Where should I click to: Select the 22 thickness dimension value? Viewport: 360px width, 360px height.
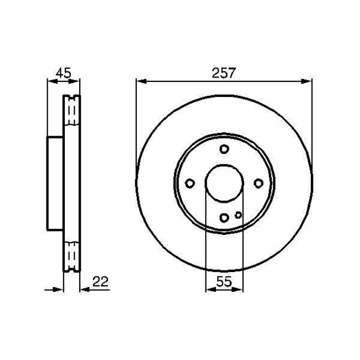100,282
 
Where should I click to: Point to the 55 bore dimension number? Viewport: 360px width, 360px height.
224,282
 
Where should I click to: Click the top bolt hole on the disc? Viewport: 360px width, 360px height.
224,149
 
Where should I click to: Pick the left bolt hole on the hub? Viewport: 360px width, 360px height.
189,183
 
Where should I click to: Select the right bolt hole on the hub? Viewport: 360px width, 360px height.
259,183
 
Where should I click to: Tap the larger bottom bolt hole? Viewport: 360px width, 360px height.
224,218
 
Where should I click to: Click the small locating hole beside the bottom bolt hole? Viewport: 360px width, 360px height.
238,215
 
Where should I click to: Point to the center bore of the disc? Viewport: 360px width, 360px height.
224,183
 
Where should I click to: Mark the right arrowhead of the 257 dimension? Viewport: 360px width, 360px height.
308,82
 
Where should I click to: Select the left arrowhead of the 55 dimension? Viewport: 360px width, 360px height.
209,289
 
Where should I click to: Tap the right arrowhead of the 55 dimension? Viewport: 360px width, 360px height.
239,289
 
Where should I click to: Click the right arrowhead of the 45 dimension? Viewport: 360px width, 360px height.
76,82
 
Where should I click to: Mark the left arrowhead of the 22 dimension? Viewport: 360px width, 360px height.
60,289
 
